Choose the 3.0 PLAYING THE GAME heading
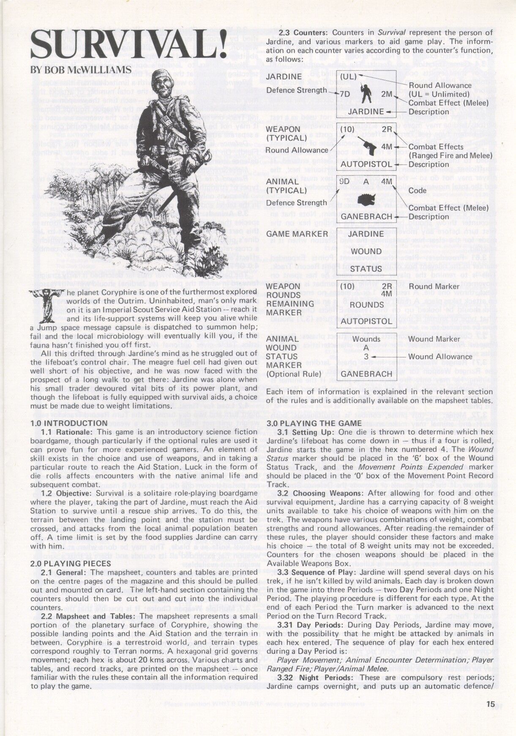[x=314, y=423]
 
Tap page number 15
[x=490, y=703]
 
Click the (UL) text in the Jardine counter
[x=349, y=77]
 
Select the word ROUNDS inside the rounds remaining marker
[x=366, y=304]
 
